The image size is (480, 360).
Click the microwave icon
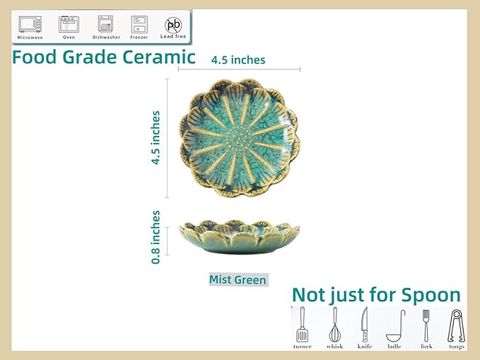click(30, 24)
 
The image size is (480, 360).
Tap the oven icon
click(69, 24)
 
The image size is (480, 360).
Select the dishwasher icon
click(106, 24)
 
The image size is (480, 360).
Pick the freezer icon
click(139, 24)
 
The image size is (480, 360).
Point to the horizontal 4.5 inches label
click(238, 60)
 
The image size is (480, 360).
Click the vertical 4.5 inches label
click(156, 137)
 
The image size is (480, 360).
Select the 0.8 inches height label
click(156, 237)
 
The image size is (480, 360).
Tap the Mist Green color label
click(238, 279)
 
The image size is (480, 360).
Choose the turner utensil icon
click(303, 325)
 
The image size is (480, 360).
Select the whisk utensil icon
click(334, 325)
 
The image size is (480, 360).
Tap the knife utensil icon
click(365, 325)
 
